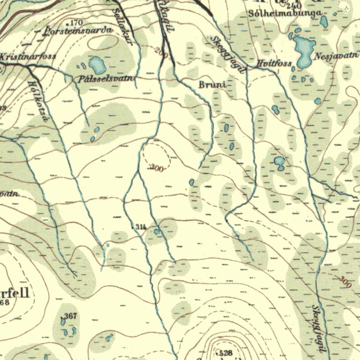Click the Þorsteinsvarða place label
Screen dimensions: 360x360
(x=78, y=31)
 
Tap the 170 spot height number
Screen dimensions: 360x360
(x=76, y=22)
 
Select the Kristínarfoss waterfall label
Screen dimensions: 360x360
(x=28, y=56)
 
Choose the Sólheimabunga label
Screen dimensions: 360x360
(x=284, y=14)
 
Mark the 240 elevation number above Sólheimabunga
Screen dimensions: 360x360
(x=293, y=6)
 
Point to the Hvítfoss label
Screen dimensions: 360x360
(x=274, y=63)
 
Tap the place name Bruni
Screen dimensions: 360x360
(x=212, y=85)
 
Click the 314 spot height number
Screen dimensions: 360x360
(x=141, y=227)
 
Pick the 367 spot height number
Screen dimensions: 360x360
(x=70, y=316)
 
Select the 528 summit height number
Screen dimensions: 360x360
(x=226, y=352)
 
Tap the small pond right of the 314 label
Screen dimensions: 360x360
(x=157, y=231)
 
